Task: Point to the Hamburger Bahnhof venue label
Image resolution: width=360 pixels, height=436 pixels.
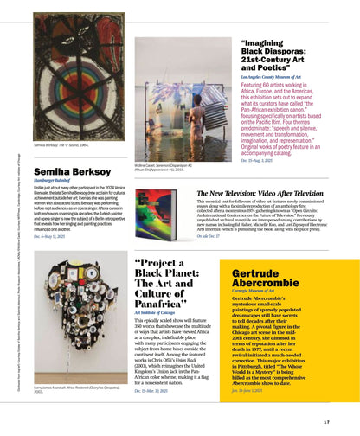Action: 54,185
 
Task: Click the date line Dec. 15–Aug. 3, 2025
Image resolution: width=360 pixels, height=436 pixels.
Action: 262,161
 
